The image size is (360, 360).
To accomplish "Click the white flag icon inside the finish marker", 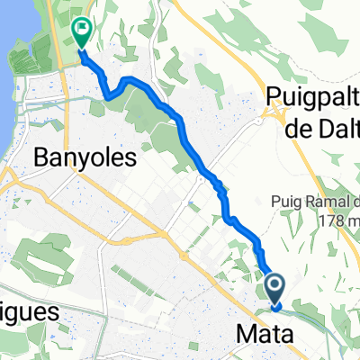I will pos(82,31).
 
